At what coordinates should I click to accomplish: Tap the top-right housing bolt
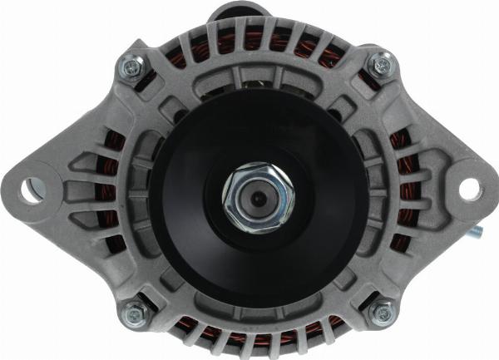coord(381,63)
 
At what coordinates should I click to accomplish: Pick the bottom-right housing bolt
coord(381,313)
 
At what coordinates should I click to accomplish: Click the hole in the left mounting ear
coord(32,189)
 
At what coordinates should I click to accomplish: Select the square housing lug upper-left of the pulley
coord(170,107)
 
